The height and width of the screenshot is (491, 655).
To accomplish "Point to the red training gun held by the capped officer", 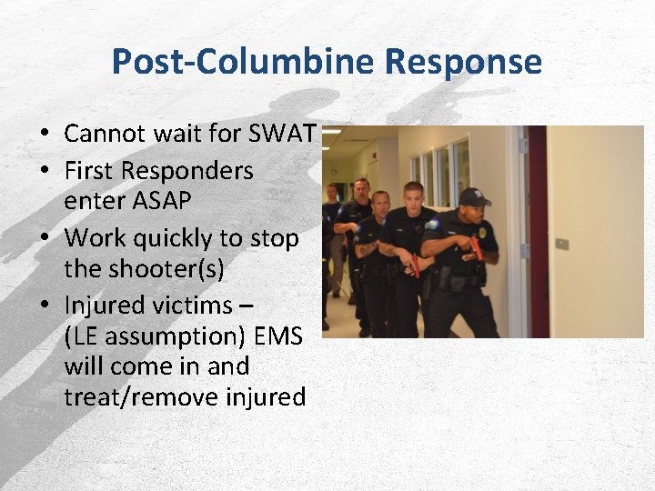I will point(475,247).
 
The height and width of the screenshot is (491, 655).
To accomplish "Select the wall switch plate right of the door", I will point(562,244).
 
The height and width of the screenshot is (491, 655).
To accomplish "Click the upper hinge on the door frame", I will point(522,145).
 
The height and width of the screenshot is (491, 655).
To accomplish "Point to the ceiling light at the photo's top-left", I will point(331,131).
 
